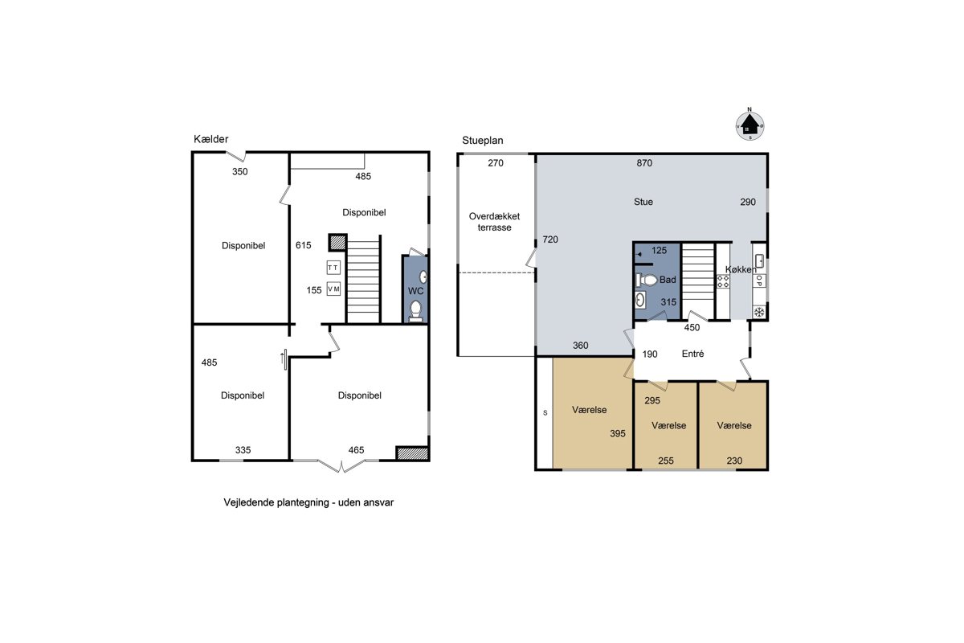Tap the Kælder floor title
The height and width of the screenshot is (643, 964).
pos(210,139)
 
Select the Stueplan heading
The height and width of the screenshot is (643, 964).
pos(483,141)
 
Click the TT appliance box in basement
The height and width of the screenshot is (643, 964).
pos(333,268)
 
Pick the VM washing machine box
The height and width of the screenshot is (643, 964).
pos(333,289)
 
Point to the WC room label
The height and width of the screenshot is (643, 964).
pos(415,291)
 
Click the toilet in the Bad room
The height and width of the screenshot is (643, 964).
pos(647,280)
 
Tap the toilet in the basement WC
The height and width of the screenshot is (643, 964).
pos(415,311)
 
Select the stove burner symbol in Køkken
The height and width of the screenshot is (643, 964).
pos(723,281)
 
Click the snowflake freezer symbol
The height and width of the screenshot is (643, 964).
pos(759,312)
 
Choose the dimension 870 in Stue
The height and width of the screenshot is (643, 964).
pos(644,163)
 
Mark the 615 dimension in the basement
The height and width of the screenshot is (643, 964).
pos(303,245)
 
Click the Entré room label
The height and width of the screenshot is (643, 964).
pos(692,354)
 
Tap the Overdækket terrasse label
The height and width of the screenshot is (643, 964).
pos(495,222)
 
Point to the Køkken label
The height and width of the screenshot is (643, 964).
pos(741,269)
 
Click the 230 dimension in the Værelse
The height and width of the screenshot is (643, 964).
pos(734,461)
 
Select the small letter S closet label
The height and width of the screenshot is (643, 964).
pos(545,412)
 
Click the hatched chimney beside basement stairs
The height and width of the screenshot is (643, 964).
pos(338,243)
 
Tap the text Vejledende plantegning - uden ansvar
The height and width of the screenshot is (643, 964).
pos(308,502)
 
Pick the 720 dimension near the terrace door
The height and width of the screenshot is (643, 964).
pos(550,240)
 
